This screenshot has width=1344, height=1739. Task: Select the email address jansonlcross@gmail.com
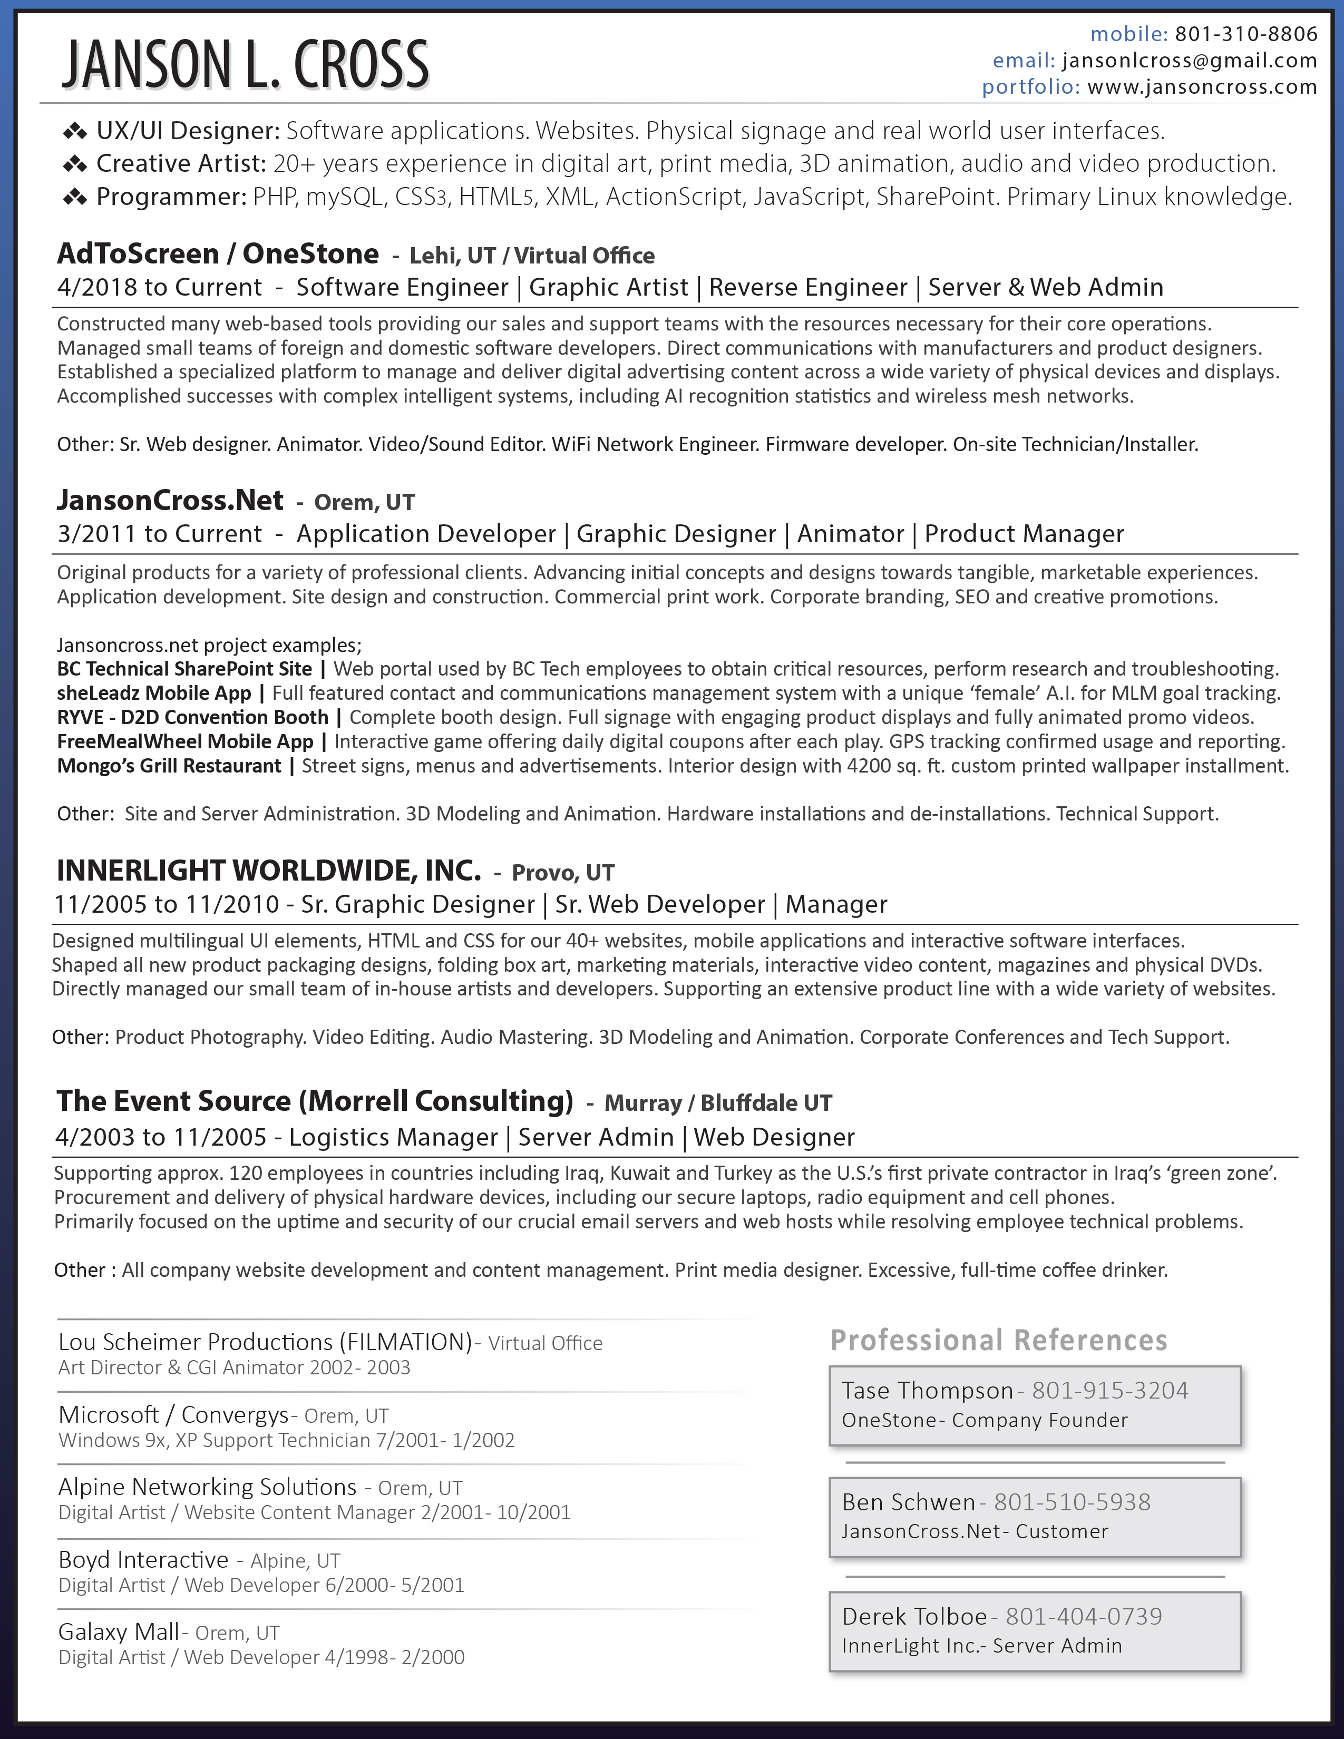(x=1190, y=61)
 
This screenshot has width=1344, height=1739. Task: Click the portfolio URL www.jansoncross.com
(x=1202, y=87)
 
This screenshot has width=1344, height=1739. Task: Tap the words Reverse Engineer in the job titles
(x=807, y=287)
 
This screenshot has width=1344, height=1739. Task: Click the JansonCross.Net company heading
(x=170, y=500)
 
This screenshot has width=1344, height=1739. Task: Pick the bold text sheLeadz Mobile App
(x=154, y=693)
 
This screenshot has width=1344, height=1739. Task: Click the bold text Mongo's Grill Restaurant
(x=169, y=766)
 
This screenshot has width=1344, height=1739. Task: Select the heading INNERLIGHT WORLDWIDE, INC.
(x=268, y=871)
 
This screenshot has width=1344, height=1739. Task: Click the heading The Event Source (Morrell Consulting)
(x=315, y=1101)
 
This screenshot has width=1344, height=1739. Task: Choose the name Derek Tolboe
(x=914, y=1616)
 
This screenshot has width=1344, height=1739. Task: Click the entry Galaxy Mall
(x=119, y=1631)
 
